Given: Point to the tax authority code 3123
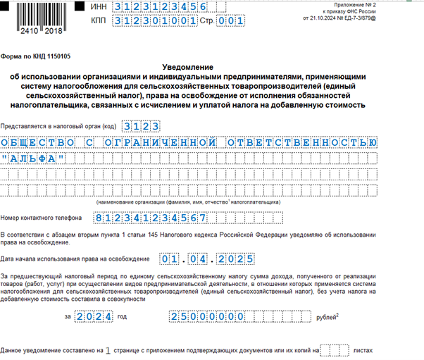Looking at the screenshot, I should [140, 126].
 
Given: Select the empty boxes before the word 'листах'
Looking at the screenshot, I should [335, 350].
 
